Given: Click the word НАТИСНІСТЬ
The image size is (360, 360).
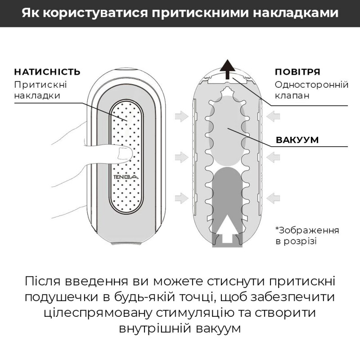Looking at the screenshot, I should click(x=47, y=72).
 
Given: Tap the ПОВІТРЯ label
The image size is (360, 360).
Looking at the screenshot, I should click(x=297, y=72).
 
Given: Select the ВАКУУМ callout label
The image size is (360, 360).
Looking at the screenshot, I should click(x=297, y=139).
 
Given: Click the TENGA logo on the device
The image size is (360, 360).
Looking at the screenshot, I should click(x=122, y=176).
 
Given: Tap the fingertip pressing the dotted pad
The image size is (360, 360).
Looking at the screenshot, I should click(x=121, y=154).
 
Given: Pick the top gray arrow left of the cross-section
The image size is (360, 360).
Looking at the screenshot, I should click(x=181, y=117).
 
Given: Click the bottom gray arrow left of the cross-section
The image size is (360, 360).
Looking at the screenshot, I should click(x=181, y=196).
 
